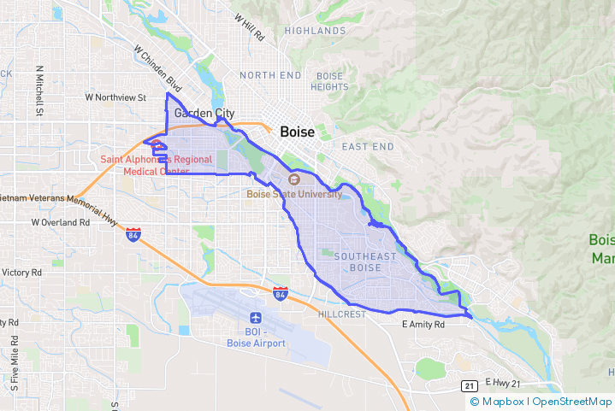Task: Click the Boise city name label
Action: (297, 133)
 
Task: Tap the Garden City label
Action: (204, 113)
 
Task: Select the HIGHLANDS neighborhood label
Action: (315, 31)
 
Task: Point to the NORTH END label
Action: (270, 75)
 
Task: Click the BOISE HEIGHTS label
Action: (329, 81)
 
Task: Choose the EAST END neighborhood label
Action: (368, 147)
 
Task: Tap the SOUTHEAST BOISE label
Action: (366, 262)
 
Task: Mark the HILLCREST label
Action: (341, 314)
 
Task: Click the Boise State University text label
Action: (294, 194)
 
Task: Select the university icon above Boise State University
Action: (294, 179)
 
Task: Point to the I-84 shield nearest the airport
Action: (281, 293)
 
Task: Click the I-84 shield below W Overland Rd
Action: (133, 234)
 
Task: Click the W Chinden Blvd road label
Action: (158, 68)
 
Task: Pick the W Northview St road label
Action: (116, 97)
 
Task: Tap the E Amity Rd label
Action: (423, 325)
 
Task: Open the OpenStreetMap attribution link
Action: (572, 401)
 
